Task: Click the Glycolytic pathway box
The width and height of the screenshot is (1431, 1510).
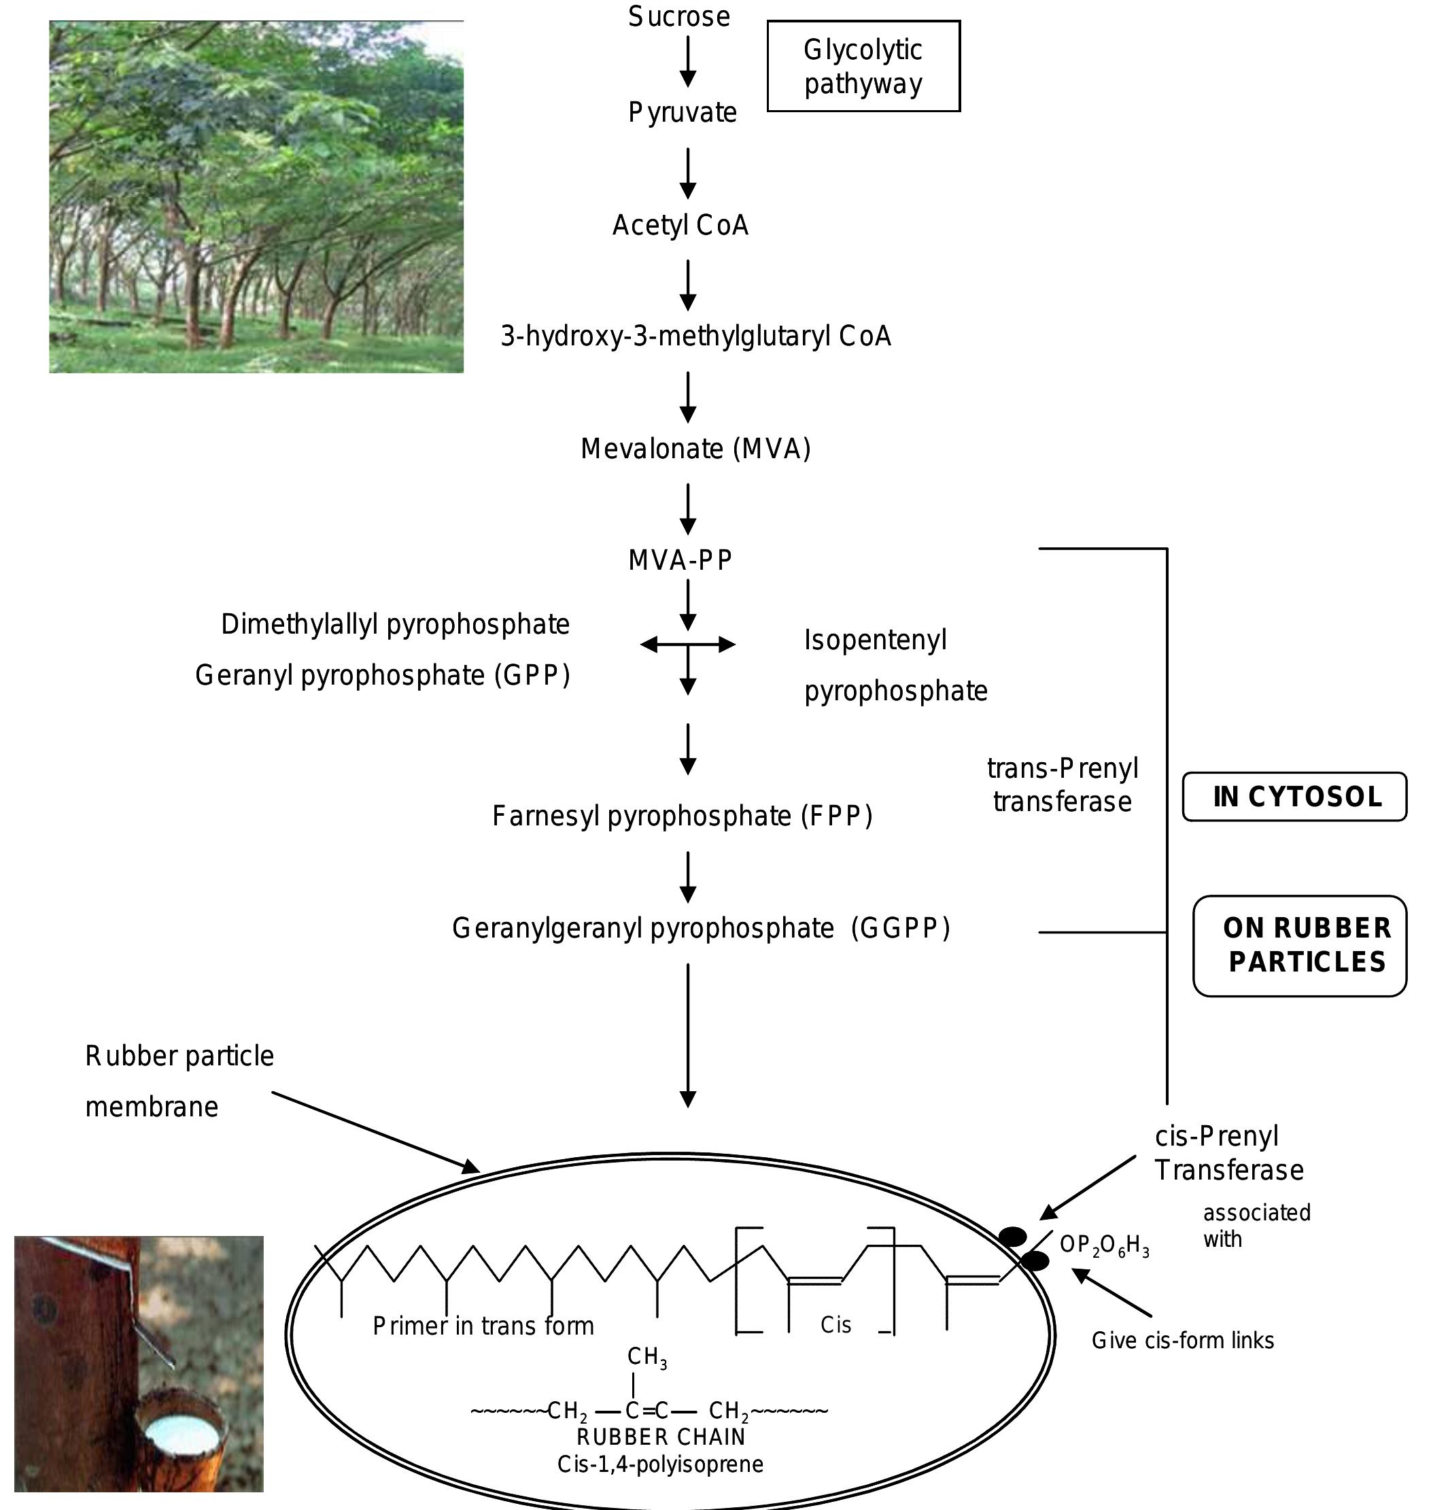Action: pyautogui.click(x=863, y=67)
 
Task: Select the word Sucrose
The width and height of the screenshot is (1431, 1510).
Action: pyautogui.click(x=679, y=17)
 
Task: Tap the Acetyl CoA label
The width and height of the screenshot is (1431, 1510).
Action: pyautogui.click(x=680, y=225)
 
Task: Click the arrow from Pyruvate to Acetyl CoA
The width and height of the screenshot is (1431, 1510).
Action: pyautogui.click(x=688, y=173)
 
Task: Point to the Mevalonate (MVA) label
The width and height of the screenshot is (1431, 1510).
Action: pyautogui.click(x=695, y=449)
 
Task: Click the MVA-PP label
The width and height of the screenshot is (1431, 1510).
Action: pyautogui.click(x=680, y=560)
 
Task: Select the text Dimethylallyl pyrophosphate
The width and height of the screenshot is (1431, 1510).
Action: pyautogui.click(x=395, y=624)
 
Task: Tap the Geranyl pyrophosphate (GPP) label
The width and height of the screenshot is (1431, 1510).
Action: pyautogui.click(x=382, y=675)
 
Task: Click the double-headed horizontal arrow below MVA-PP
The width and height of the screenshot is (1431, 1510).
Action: pyautogui.click(x=687, y=645)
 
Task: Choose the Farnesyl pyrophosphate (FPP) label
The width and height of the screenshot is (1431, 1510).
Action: pyautogui.click(x=682, y=816)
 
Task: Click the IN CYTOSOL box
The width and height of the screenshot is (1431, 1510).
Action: pyautogui.click(x=1294, y=797)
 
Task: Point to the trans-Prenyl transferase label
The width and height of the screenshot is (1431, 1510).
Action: pyautogui.click(x=1063, y=785)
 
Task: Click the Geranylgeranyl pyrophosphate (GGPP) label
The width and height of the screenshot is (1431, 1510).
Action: pyautogui.click(x=701, y=928)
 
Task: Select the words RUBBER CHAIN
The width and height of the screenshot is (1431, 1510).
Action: pyautogui.click(x=661, y=1437)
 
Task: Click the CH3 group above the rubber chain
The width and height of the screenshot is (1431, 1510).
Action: pyautogui.click(x=647, y=1356)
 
